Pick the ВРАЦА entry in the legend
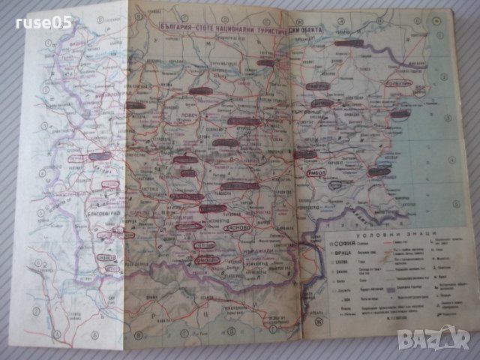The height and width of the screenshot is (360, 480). (x=342, y=259)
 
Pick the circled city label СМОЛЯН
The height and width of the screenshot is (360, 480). (x=200, y=259)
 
